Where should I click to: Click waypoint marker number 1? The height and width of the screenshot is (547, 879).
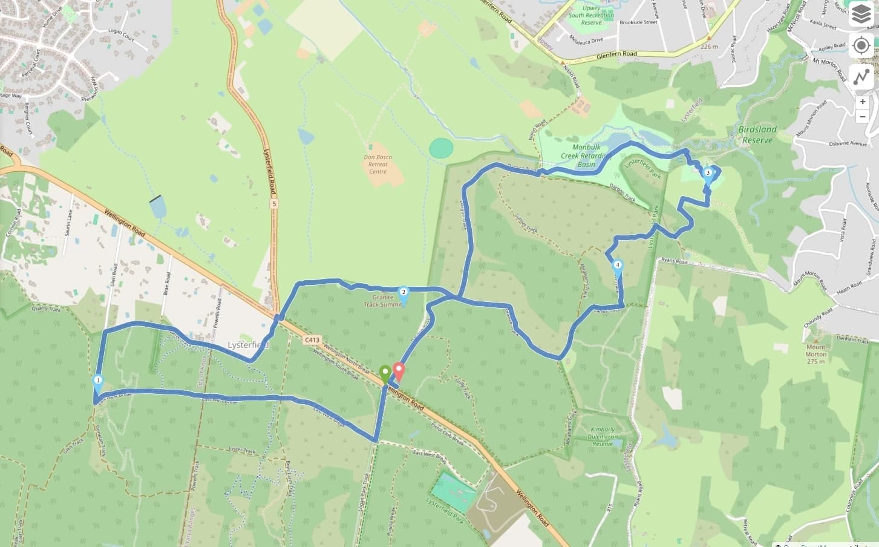97,381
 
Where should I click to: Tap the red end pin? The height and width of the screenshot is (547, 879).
399,370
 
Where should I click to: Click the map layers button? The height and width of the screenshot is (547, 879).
861,15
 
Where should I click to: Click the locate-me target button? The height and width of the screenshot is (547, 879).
861,46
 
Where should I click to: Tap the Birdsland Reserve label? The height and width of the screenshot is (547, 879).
757,134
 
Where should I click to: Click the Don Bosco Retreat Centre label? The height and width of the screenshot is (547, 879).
377,164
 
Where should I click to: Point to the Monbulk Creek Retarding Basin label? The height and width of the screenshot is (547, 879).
586,156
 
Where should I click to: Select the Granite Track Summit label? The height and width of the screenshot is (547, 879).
382,301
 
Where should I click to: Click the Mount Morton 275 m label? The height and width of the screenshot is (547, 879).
815,354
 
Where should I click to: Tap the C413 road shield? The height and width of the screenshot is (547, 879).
312,340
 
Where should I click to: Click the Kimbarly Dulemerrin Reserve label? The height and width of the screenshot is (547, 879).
603,436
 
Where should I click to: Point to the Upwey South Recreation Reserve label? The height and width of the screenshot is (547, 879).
590,15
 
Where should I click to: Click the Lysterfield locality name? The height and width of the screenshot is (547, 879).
247,345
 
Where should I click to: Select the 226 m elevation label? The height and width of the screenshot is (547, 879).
708,47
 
